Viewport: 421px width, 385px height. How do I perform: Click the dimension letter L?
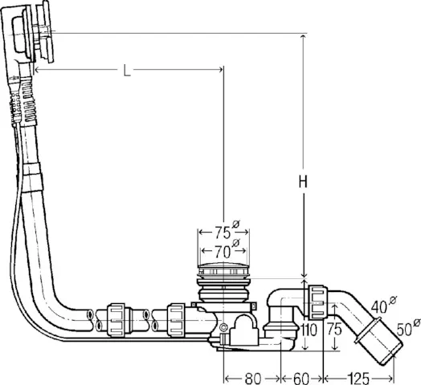[x=127, y=71]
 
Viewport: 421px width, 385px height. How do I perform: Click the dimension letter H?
[x=303, y=182]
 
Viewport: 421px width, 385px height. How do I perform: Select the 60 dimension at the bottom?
[x=302, y=376]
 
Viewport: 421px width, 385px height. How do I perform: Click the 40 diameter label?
[x=380, y=306]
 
